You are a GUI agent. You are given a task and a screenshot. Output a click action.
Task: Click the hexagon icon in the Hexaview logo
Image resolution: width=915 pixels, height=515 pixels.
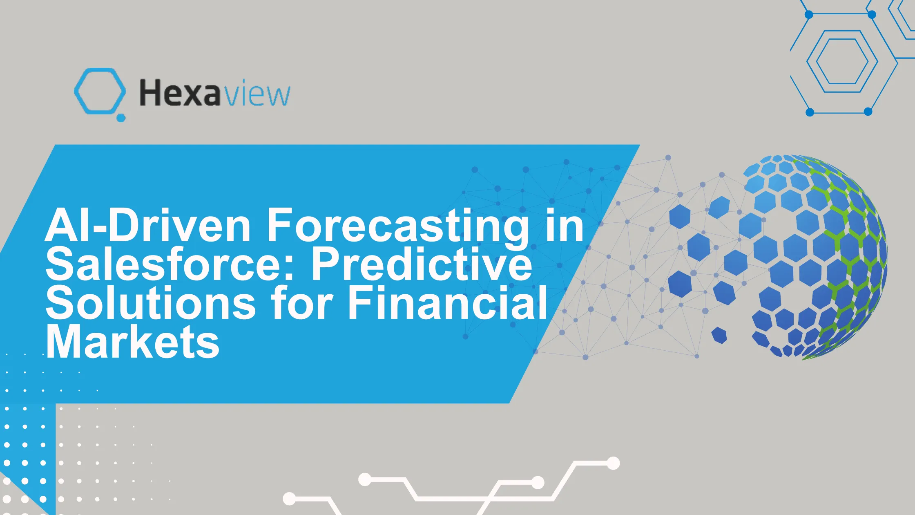pos(100,91)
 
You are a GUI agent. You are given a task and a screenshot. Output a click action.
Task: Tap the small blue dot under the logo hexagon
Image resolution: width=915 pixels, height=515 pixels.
pos(121,118)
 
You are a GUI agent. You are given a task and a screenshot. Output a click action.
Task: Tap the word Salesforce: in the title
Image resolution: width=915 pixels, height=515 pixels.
pos(170,264)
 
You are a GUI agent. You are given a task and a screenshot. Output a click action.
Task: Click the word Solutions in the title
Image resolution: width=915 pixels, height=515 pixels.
pos(151,303)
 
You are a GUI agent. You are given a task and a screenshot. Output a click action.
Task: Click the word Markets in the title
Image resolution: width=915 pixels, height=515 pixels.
pos(132,342)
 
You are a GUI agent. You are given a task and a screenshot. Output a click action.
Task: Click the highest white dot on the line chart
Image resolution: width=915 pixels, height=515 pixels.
pos(613,463)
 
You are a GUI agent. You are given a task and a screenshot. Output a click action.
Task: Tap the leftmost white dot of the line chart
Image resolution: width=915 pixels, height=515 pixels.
pos(289,499)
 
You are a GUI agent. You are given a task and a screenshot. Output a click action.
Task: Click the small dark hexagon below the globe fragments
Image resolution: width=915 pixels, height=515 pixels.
pos(719,335)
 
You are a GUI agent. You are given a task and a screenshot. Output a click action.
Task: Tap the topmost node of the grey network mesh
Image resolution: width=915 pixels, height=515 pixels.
pos(668,158)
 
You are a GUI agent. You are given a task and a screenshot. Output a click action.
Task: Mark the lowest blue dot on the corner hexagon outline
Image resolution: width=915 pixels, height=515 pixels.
pos(810,112)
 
